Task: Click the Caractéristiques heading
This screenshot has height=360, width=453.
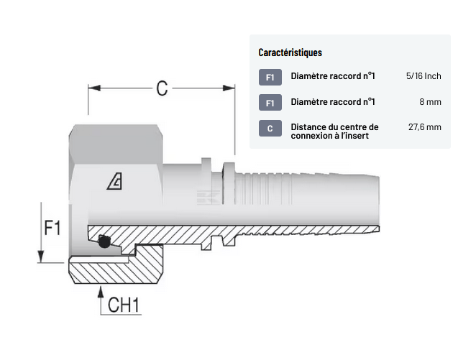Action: [x=290, y=52]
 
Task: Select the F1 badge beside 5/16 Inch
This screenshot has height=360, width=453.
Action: [x=270, y=77]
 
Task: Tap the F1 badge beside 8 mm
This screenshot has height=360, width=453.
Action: [x=270, y=103]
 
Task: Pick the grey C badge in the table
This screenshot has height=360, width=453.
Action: [x=270, y=129]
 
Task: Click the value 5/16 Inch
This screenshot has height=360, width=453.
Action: [x=423, y=76]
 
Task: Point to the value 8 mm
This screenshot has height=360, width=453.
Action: [x=430, y=102]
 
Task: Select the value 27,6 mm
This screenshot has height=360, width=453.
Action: [x=424, y=127]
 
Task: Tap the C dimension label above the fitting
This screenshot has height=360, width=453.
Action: [x=162, y=88]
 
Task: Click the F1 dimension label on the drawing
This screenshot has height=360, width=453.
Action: [x=52, y=229]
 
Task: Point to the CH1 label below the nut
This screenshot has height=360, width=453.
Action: [x=124, y=305]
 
